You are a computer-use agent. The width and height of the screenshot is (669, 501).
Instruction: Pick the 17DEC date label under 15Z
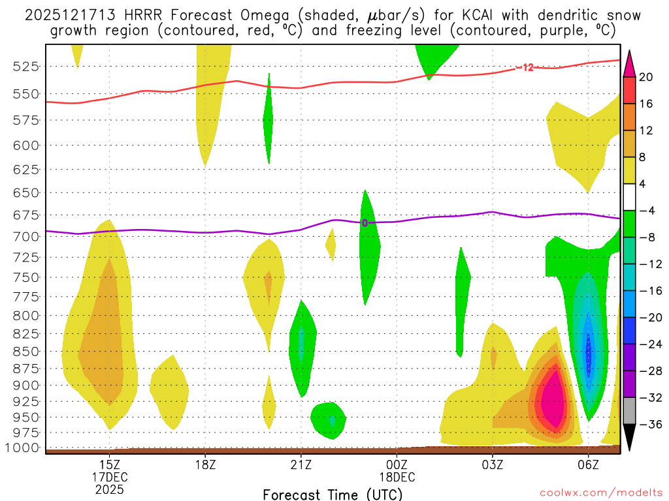coord(110,476)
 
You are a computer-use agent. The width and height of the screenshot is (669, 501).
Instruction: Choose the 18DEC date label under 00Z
coord(397,476)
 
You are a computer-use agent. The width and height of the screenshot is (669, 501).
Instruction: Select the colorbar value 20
coord(647,77)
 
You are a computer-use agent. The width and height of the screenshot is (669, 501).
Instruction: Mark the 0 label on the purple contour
coord(365,223)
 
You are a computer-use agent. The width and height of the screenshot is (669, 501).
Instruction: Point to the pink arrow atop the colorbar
coord(630,63)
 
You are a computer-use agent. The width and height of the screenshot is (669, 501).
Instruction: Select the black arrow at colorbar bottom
coord(630,438)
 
